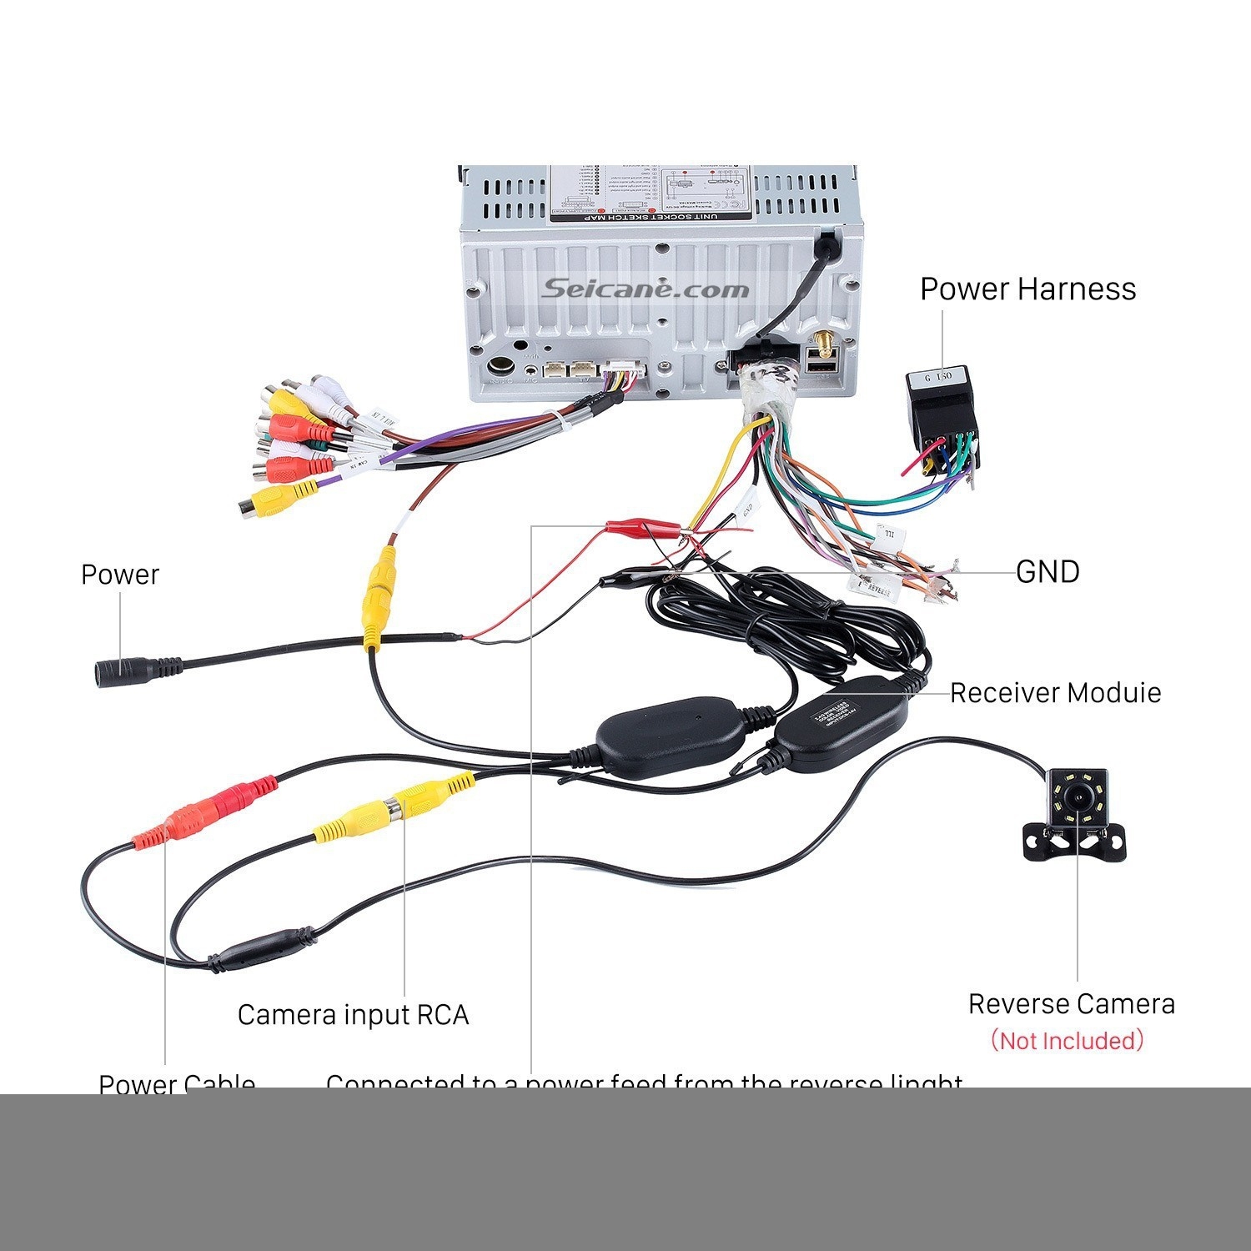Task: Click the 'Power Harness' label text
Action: (x=1027, y=289)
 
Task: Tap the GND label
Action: (x=1048, y=572)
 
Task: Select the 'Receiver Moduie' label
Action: (x=1055, y=693)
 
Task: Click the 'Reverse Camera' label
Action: (x=1071, y=1003)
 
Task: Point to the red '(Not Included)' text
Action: (x=1067, y=1041)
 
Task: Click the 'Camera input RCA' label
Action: (x=353, y=1015)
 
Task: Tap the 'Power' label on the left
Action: (x=119, y=575)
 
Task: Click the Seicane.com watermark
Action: (x=646, y=289)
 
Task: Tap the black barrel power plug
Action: (x=133, y=669)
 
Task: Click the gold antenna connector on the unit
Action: (x=820, y=342)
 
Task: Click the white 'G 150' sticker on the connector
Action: (x=937, y=376)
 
